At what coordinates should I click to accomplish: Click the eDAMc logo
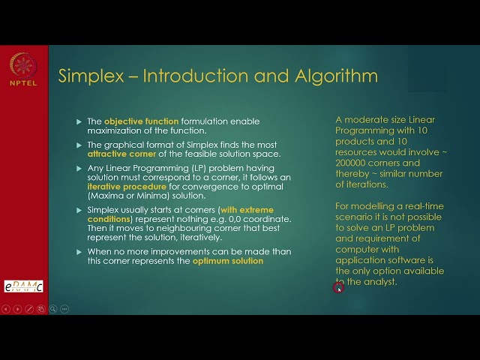pos(23,286)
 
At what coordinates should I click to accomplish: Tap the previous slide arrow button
pos(7,309)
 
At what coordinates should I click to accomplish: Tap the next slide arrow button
pos(18,309)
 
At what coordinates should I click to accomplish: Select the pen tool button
pos(29,309)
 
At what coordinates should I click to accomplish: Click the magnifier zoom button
pos(52,309)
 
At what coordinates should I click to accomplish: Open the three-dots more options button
pos(64,309)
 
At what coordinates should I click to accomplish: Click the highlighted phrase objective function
pos(141,121)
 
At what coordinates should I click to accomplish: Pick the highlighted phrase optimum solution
pos(228,261)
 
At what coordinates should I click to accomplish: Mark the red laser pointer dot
pos(338,286)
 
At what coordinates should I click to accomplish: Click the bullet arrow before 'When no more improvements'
pos(79,252)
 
